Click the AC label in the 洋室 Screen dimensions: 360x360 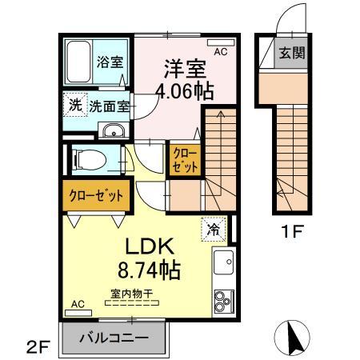pyautogui.click(x=221, y=52)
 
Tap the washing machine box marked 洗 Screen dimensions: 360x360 pyautogui.click(x=74, y=104)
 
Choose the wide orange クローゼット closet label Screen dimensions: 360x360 pyautogui.click(x=95, y=194)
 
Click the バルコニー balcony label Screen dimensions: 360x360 pyautogui.click(x=114, y=338)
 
